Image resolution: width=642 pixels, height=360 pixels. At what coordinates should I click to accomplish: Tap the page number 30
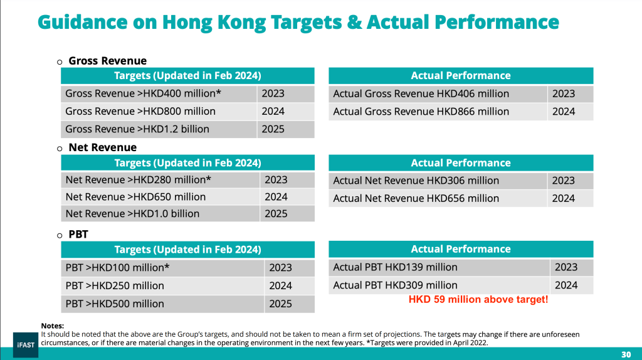point(626,353)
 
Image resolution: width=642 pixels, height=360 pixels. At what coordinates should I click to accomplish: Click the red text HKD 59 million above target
point(478,300)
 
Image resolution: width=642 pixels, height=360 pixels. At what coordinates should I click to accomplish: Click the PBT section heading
point(78,235)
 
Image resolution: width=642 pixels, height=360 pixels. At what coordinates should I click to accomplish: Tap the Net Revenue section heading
point(102,148)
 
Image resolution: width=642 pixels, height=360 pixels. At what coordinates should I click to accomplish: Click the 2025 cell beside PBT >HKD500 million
point(281,304)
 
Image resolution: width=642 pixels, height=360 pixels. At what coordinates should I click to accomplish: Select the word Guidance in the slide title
point(80,23)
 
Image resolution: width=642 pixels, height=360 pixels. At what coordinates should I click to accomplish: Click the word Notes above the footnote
point(53,326)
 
